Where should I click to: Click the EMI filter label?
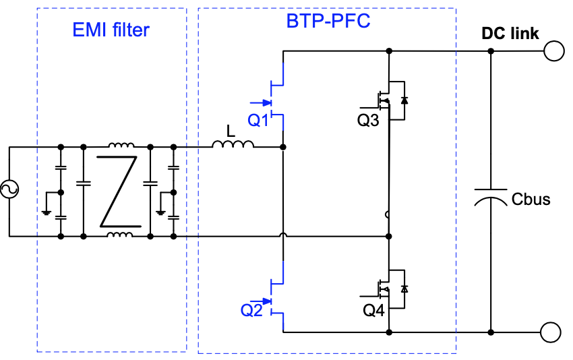(111, 30)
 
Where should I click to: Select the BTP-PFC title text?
(328, 21)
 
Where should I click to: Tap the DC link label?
(510, 34)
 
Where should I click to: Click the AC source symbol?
(9, 189)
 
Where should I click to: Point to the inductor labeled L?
(233, 144)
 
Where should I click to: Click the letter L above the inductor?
(231, 131)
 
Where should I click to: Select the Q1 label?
(258, 120)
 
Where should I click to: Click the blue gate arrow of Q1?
(261, 102)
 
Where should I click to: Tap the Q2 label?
(251, 310)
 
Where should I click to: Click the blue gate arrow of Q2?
(261, 301)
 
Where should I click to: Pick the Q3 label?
(368, 120)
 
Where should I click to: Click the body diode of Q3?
(404, 100)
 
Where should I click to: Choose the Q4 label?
(373, 310)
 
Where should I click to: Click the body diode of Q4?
(404, 289)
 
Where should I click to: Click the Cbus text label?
(531, 199)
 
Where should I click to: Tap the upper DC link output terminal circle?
(554, 51)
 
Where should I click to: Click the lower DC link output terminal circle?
(550, 332)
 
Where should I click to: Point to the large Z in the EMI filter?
(119, 191)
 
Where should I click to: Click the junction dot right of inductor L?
(283, 147)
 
